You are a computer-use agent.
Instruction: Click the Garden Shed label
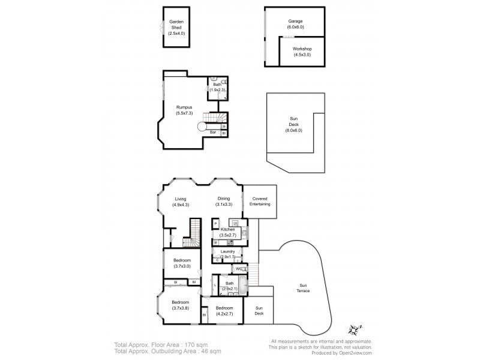(176, 28)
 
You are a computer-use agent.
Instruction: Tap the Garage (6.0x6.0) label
(295, 24)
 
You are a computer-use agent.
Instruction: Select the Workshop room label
(302, 52)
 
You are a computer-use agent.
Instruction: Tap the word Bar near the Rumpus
(213, 132)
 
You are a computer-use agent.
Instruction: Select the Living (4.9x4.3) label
(181, 202)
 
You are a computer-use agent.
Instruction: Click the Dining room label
(223, 202)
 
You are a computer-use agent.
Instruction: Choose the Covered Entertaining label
(259, 202)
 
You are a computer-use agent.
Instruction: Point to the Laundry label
(227, 254)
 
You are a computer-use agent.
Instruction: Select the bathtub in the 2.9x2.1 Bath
(242, 285)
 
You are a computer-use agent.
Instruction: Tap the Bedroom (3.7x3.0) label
(182, 263)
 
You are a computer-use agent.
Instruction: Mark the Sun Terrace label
(304, 288)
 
